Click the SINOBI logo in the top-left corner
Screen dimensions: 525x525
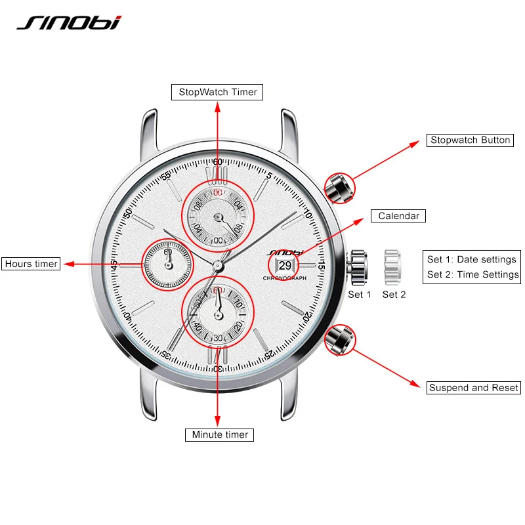point(69,22)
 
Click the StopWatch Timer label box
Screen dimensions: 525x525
point(217,92)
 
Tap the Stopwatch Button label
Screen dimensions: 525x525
point(470,140)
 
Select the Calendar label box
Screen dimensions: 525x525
point(398,216)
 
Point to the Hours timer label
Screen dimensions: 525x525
point(31,264)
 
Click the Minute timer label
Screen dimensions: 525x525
point(220,434)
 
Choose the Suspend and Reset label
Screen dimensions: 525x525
point(473,387)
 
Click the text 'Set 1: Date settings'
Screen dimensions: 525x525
point(472,259)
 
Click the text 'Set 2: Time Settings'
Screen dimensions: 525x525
point(472,275)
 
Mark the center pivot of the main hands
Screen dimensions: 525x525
point(217,263)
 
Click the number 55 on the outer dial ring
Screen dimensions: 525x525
point(166,175)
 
